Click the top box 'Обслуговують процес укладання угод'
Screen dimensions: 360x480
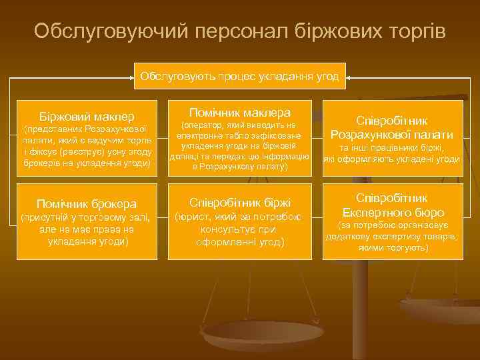point(239,77)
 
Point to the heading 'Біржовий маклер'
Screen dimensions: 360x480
point(87,117)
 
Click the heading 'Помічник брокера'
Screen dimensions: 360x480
point(87,203)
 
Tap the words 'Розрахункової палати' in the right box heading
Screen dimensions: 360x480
point(392,134)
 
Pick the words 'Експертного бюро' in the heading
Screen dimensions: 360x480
point(391,213)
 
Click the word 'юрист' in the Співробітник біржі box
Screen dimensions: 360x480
point(192,217)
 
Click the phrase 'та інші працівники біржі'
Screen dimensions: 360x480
point(391,148)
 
